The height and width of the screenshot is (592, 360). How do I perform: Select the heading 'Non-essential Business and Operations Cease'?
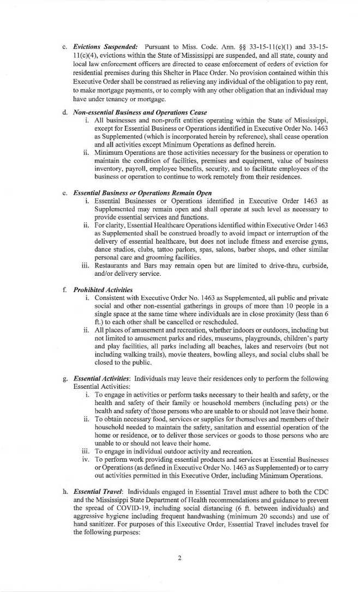click(x=140, y=112)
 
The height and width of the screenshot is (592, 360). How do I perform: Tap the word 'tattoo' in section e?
click(x=174, y=249)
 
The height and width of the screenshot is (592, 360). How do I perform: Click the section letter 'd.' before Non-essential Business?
click(x=65, y=112)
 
